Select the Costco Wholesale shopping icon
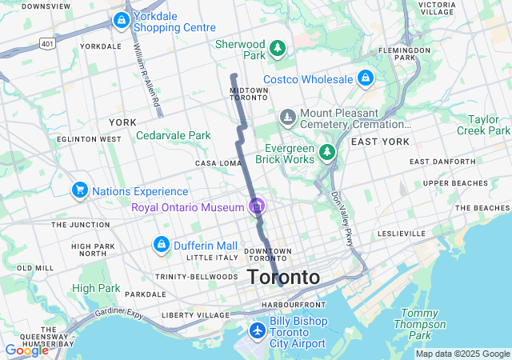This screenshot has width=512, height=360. (365, 78)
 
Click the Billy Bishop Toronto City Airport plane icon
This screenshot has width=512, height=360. (257, 330)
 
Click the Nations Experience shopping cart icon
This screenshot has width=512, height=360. (79, 190)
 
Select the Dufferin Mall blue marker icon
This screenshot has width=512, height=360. (161, 245)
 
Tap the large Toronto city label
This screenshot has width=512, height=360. (283, 278)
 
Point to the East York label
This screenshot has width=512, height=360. (380, 142)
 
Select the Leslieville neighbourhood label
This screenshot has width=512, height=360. (403, 234)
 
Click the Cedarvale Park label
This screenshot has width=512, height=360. (174, 135)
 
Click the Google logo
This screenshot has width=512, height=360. (26, 350)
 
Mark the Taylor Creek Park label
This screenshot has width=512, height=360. (482, 123)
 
